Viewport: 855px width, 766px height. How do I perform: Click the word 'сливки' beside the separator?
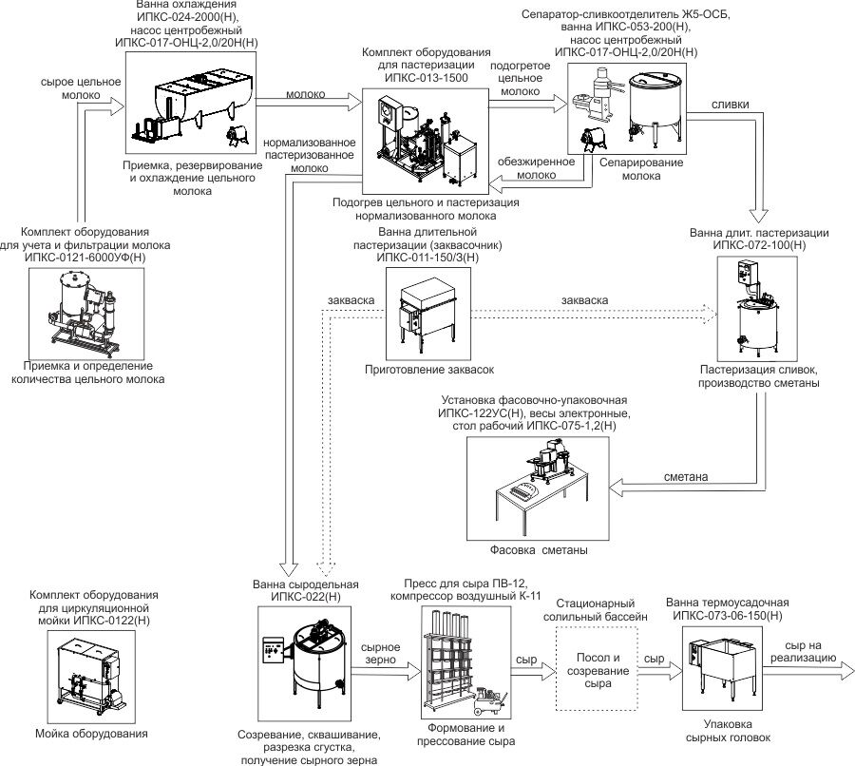(x=730, y=105)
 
